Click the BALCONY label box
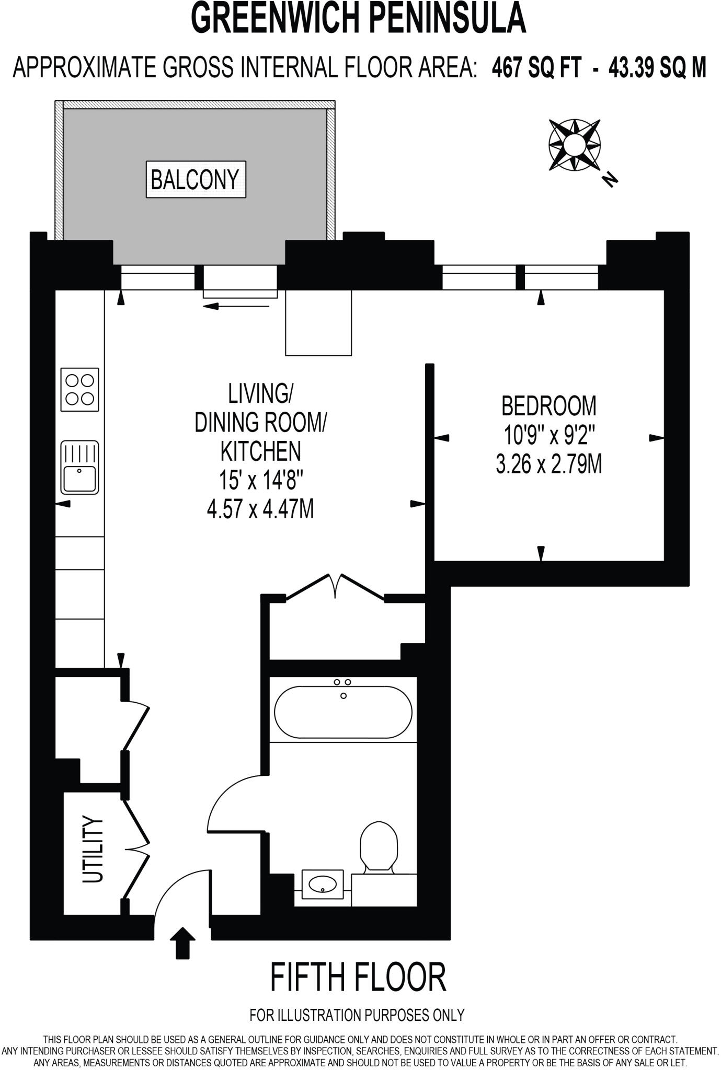coord(196,179)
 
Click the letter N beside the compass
coord(610,179)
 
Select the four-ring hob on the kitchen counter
coord(79,389)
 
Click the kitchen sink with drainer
coord(79,468)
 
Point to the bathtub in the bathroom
coord(344,712)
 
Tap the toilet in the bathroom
coord(379,846)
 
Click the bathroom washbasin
coord(323,884)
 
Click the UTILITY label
coord(93,850)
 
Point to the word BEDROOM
coord(548,406)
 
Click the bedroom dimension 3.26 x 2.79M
coord(548,464)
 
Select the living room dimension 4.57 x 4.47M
coord(260,509)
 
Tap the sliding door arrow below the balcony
coord(236,307)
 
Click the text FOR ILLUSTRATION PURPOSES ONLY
coord(357,1015)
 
